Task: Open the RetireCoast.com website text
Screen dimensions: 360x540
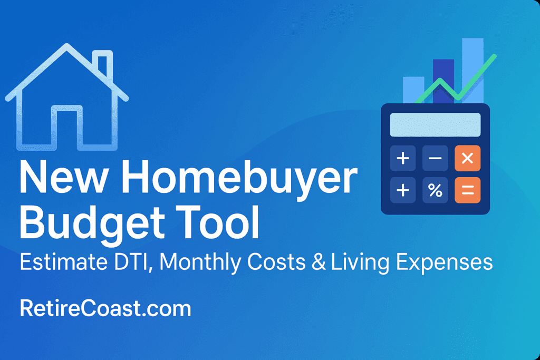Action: pyautogui.click(x=105, y=308)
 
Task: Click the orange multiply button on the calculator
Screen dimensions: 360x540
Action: pyautogui.click(x=467, y=158)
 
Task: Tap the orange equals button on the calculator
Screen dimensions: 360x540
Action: pyautogui.click(x=467, y=190)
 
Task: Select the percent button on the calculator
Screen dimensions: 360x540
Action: pyautogui.click(x=435, y=190)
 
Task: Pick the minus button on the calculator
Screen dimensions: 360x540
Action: pyautogui.click(x=435, y=158)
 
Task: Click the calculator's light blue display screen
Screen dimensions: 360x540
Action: pyautogui.click(x=435, y=125)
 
